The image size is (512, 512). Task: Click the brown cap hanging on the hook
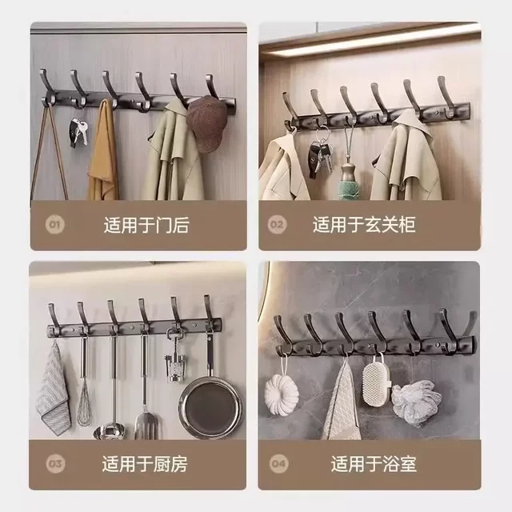[x=206, y=123]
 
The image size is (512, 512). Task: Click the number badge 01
[x=54, y=225]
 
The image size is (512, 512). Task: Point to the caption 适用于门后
[x=146, y=225]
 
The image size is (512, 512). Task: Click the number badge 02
[x=276, y=225]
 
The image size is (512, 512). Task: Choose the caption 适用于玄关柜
[x=364, y=225]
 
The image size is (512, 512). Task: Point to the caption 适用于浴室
[x=374, y=462]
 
